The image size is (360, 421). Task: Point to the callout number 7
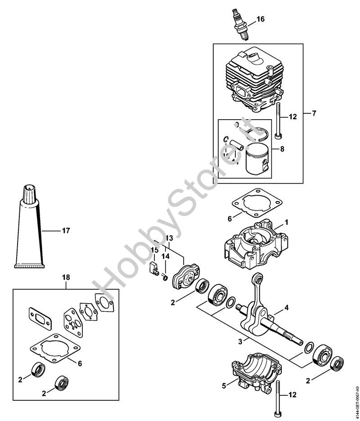(314, 113)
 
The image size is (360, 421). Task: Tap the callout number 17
(66, 231)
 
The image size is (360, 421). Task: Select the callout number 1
(286, 223)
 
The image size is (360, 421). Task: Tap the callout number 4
(286, 309)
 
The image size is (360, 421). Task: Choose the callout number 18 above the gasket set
(66, 278)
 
